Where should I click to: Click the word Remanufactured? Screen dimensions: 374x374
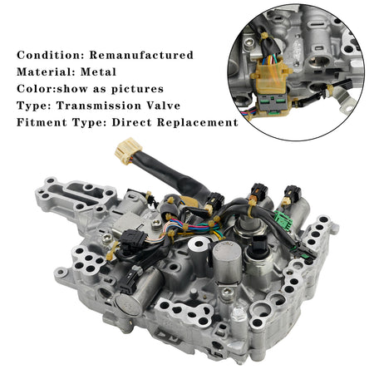(141, 55)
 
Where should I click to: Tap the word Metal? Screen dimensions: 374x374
(98, 72)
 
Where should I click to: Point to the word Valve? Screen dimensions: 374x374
(164, 106)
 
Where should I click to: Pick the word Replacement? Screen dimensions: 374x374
(198, 122)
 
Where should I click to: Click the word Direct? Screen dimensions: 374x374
(131, 122)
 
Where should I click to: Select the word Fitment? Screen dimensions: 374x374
(42, 122)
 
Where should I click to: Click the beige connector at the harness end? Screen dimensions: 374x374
(128, 150)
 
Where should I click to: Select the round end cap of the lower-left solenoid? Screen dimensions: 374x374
(128, 305)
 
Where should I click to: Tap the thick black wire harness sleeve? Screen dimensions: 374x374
(177, 175)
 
